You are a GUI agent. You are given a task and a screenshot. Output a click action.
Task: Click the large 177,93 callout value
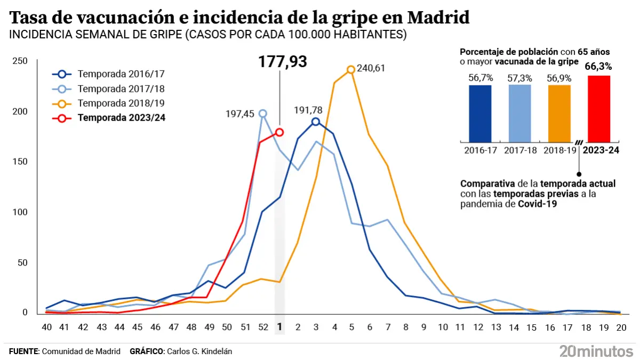coord(283,62)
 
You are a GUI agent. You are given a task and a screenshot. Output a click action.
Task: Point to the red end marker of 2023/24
coord(279,132)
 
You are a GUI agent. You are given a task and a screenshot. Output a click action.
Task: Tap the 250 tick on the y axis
coord(20,61)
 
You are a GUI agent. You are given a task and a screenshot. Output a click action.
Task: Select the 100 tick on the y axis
coord(20,212)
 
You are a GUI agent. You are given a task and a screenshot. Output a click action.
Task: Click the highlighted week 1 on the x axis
coord(279,327)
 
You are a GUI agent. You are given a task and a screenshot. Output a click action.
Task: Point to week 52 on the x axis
coord(261,327)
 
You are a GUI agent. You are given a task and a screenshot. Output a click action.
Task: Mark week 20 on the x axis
coord(621,327)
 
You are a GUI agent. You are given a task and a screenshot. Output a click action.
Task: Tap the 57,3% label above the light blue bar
coord(519,78)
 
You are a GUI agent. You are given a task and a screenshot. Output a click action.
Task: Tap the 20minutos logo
coord(596,351)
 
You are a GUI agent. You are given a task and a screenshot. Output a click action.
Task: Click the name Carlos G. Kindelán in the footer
coord(199,351)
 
